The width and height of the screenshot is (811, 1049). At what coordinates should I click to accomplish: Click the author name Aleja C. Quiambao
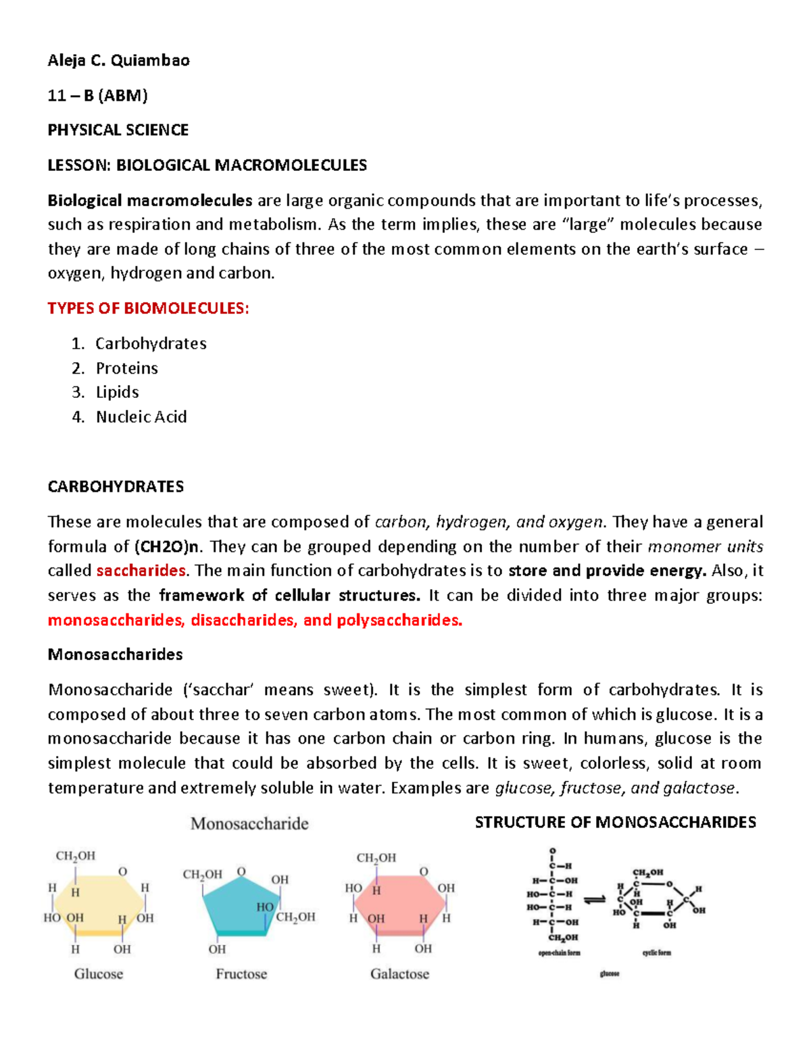(x=118, y=61)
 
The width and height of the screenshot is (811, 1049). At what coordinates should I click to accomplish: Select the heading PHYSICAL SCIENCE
(x=118, y=130)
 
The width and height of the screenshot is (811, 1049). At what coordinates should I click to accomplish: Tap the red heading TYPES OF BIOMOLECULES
(x=148, y=309)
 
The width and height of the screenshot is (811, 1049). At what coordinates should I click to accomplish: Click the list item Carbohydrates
(x=151, y=344)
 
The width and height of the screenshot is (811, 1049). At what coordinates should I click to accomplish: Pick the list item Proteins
(x=126, y=368)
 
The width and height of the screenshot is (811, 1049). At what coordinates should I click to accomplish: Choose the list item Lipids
(x=117, y=392)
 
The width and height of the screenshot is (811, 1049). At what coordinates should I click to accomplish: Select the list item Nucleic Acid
(x=141, y=417)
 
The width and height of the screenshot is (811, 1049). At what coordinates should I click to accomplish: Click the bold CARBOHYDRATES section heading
(x=116, y=487)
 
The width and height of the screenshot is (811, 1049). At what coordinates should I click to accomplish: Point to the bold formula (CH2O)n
(x=166, y=546)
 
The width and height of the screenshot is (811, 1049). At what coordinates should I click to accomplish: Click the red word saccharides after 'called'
(x=141, y=571)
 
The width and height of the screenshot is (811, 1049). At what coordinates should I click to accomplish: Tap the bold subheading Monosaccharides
(x=115, y=655)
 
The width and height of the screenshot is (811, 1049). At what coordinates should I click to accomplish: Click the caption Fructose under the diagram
(x=241, y=974)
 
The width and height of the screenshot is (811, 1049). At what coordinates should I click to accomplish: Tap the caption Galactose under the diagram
(x=399, y=974)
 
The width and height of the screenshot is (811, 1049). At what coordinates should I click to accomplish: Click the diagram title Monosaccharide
(x=249, y=823)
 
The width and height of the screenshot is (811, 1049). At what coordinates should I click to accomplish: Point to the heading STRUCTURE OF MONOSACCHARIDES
(x=615, y=823)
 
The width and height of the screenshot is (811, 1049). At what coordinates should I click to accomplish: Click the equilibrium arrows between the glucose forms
(x=595, y=900)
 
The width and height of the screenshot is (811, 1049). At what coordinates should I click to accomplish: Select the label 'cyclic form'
(x=656, y=953)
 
